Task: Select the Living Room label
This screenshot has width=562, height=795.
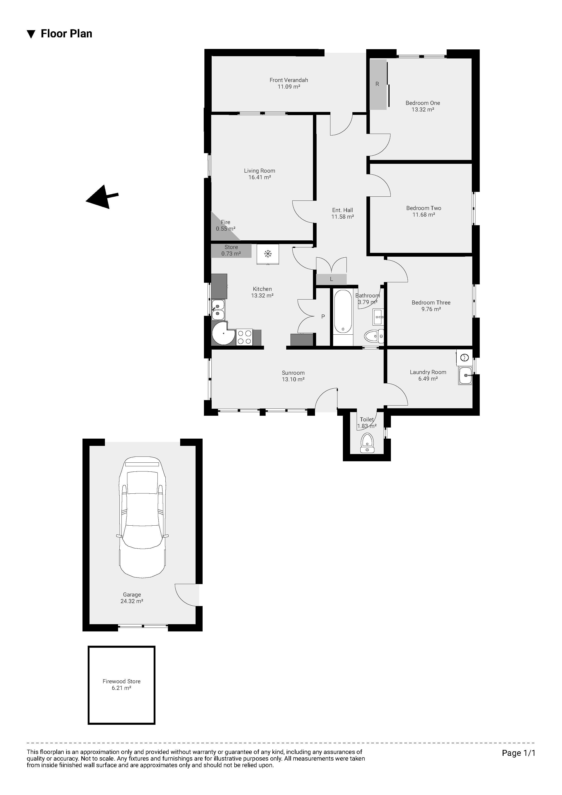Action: (x=259, y=171)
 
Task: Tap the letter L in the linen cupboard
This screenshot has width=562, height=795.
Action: (x=331, y=279)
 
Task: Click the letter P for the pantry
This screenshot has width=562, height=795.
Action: (x=323, y=317)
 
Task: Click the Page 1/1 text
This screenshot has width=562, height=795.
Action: (x=518, y=753)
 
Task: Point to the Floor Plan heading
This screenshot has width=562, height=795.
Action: (x=66, y=34)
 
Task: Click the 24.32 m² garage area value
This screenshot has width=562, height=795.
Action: (x=132, y=602)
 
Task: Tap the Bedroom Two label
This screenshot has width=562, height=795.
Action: (x=424, y=208)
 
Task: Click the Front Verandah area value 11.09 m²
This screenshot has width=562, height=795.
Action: (x=289, y=87)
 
